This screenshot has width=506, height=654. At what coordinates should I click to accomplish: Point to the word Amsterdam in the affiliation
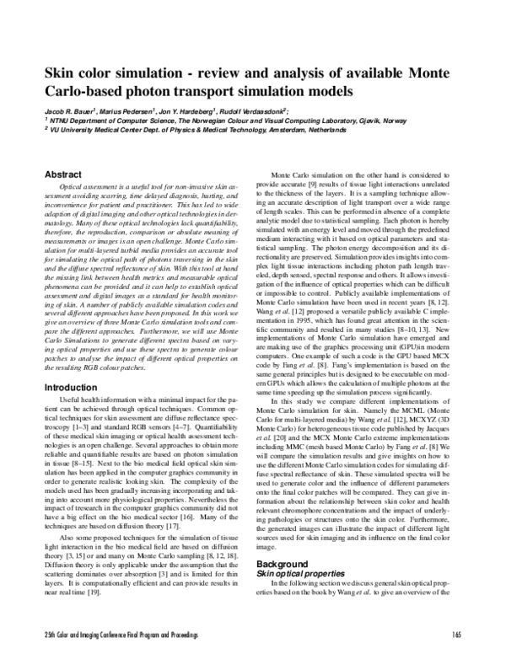point(316,131)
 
